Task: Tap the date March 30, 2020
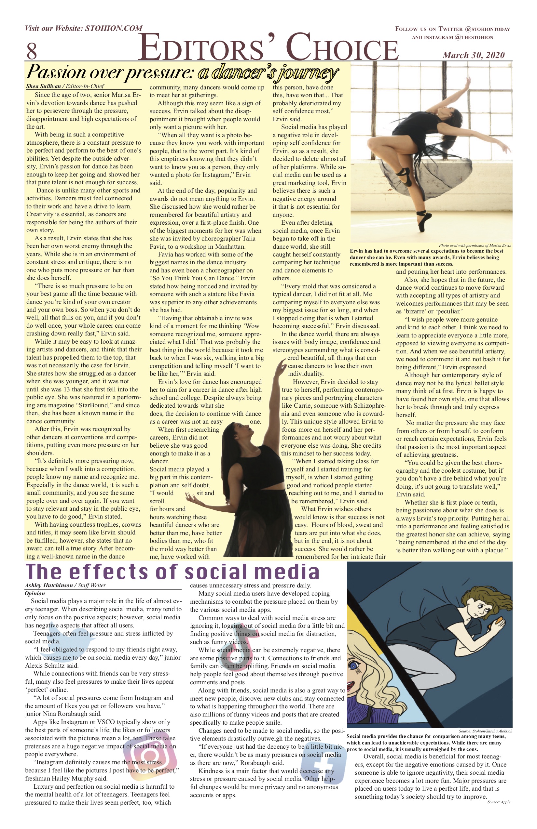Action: [x=474, y=55]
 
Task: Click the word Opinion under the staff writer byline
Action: [x=35, y=593]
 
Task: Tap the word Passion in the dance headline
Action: [x=56, y=72]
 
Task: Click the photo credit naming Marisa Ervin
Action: [x=475, y=245]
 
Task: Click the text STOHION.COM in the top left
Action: [x=114, y=28]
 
